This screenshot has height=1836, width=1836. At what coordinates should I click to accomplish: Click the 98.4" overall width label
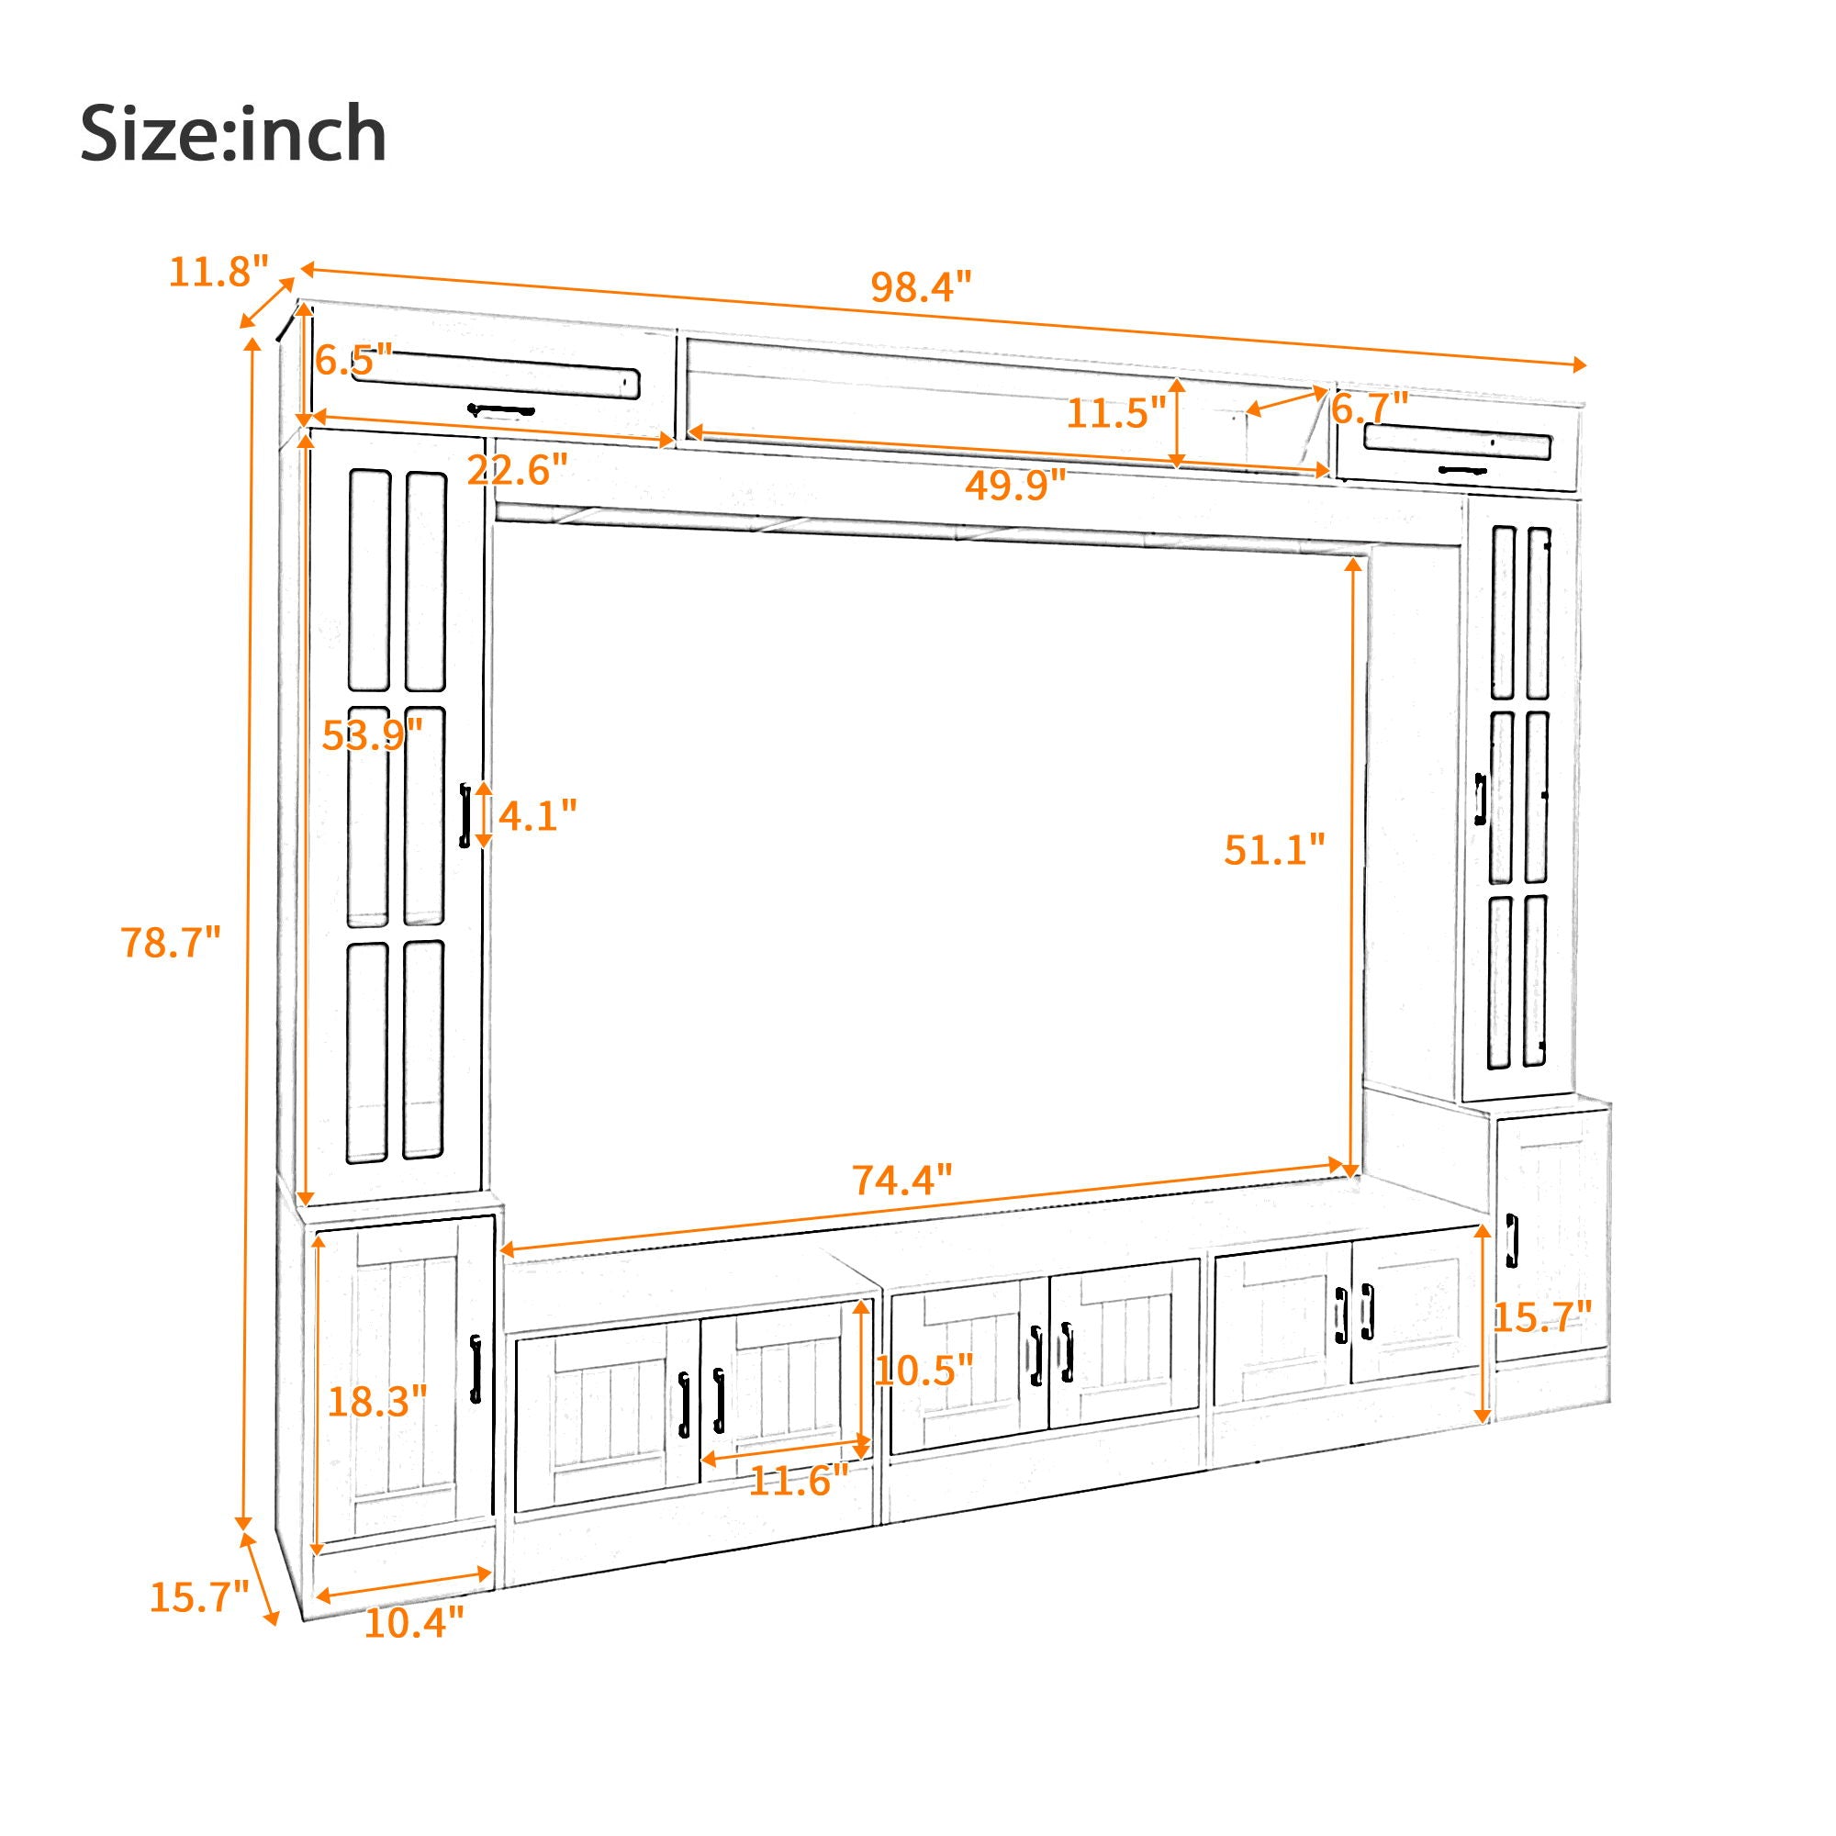tap(921, 286)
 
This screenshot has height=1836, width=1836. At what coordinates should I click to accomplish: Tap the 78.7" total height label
tap(170, 943)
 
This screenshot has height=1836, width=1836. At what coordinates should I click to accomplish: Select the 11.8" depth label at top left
tap(218, 272)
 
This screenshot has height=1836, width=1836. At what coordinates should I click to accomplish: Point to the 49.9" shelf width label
tap(1015, 486)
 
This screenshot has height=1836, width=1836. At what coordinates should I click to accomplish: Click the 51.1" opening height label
tap(1273, 849)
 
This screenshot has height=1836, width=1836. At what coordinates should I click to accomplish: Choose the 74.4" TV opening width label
tap(901, 1181)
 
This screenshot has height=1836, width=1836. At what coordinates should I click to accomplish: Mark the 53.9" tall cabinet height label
tap(372, 734)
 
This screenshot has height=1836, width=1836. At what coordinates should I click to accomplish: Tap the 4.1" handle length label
tap(537, 815)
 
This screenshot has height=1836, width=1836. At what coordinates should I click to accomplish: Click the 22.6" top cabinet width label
tap(517, 469)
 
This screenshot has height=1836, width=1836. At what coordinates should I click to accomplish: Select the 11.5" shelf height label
tap(1115, 413)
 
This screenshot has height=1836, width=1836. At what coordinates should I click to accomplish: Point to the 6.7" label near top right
tap(1370, 409)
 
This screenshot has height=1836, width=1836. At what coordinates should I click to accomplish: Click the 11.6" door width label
tap(799, 1481)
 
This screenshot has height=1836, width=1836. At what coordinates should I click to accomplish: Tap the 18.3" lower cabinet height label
tap(377, 1401)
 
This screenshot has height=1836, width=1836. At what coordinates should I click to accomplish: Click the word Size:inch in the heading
tap(233, 134)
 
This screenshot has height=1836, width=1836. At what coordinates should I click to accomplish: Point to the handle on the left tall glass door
tap(465, 814)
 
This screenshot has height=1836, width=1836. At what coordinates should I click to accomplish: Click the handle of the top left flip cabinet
tap(501, 410)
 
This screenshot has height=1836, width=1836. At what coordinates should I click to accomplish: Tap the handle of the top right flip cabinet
tap(1462, 469)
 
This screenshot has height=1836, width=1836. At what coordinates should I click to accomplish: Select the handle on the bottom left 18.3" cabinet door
tap(476, 1369)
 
